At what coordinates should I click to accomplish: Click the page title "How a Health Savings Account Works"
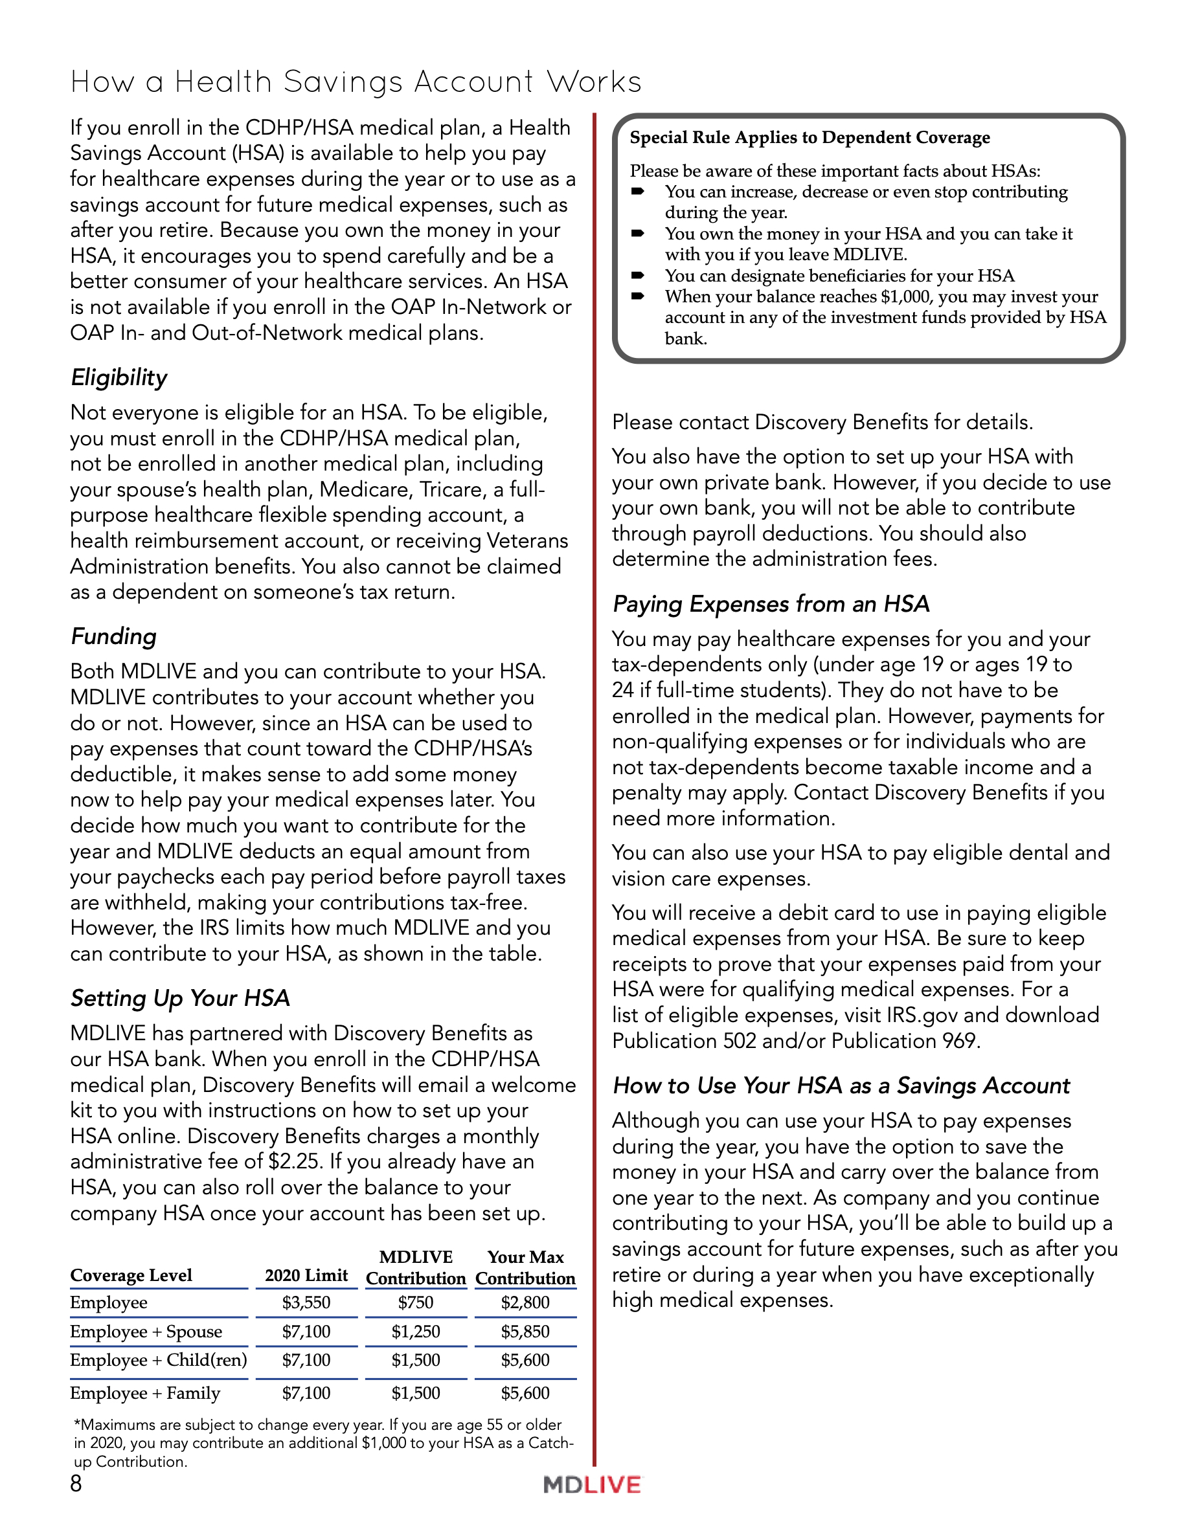(x=356, y=82)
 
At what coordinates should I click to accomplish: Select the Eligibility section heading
(x=119, y=378)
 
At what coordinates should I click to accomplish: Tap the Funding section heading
(x=113, y=636)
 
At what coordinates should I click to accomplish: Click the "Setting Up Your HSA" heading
(x=180, y=999)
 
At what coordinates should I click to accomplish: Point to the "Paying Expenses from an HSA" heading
(x=771, y=604)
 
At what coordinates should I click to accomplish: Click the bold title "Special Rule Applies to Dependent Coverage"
(x=810, y=137)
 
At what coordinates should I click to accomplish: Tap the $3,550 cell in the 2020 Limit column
(x=306, y=1303)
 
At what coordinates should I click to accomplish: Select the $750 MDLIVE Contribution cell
(x=416, y=1303)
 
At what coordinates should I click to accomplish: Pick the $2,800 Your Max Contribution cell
(x=525, y=1303)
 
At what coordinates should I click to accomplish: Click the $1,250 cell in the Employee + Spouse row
(x=416, y=1332)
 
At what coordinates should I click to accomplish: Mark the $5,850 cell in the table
(x=525, y=1332)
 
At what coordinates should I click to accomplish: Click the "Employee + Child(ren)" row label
(x=159, y=1360)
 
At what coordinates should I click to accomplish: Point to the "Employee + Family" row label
(x=145, y=1393)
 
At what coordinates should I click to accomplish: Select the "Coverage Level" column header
(x=131, y=1275)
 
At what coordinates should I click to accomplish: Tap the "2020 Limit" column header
(x=306, y=1275)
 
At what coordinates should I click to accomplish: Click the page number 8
(x=76, y=1484)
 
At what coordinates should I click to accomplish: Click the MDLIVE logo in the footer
(x=592, y=1485)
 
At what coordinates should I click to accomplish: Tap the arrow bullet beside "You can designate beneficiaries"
(x=637, y=275)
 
